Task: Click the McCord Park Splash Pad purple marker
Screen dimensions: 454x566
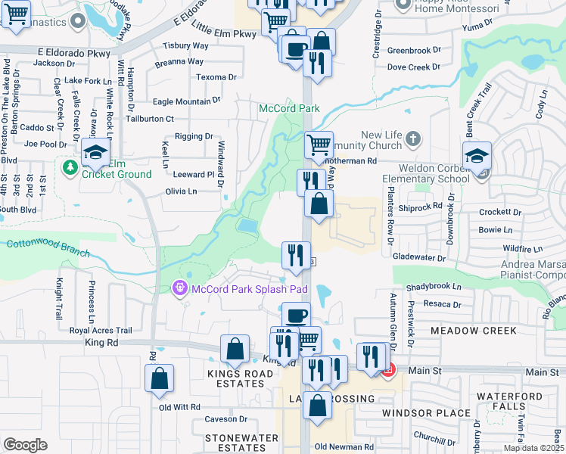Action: click(179, 288)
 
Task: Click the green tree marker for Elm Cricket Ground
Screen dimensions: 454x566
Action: click(70, 166)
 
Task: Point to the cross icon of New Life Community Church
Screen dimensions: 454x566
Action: click(412, 138)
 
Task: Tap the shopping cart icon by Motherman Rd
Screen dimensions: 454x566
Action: click(319, 144)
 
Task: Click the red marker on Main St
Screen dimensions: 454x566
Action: click(388, 371)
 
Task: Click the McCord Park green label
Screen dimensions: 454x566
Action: click(289, 109)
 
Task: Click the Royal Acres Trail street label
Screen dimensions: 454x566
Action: click(101, 331)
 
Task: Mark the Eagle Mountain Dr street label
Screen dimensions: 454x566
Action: click(186, 101)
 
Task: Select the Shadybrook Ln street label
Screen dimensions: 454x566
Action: click(434, 288)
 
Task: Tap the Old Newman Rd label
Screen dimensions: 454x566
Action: click(344, 447)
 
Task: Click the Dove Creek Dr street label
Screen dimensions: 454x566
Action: click(414, 67)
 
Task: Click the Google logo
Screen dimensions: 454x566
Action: click(25, 445)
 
